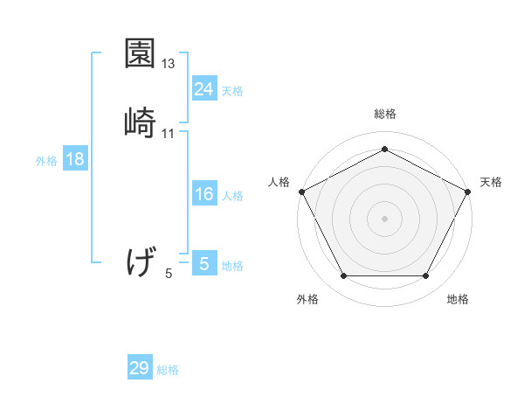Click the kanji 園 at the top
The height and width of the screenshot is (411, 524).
[140, 55]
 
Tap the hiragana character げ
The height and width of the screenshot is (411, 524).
[140, 261]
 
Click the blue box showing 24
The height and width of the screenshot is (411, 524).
[203, 89]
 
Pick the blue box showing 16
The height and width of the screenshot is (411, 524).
[203, 194]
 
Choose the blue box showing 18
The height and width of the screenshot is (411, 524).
[75, 159]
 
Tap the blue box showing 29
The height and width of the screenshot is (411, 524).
[140, 368]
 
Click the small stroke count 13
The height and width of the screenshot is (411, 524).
[169, 64]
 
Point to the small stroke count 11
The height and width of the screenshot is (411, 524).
[169, 133]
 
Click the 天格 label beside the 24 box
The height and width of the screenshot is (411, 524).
[232, 90]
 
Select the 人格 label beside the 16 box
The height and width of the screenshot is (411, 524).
[232, 195]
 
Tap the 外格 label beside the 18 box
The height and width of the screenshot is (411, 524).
[46, 160]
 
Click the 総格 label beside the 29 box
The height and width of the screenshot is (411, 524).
[168, 370]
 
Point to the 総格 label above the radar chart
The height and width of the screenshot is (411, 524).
[385, 114]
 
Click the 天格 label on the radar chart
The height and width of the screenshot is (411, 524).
[491, 182]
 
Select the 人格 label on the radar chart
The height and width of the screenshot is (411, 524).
[279, 182]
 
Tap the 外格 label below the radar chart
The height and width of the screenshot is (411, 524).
[307, 299]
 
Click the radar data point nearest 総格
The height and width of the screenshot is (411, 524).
[384, 149]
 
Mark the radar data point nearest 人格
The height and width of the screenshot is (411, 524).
[301, 191]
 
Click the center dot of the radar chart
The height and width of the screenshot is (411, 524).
[384, 218]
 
